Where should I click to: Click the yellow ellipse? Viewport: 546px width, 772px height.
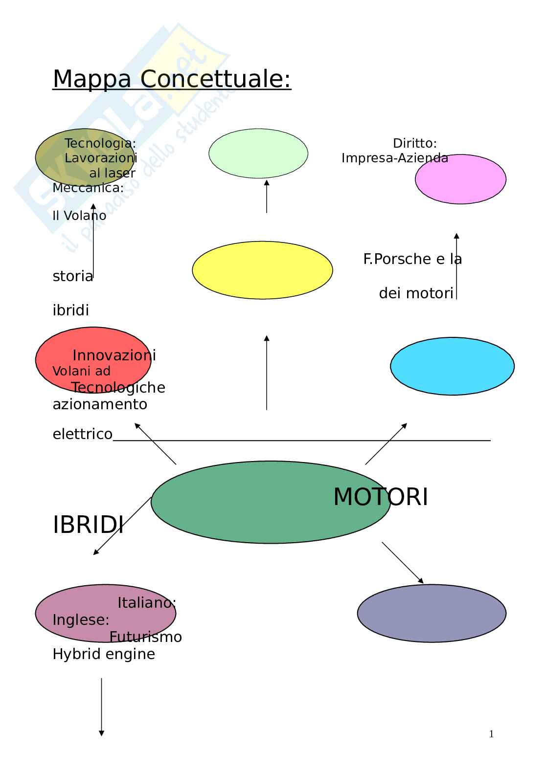coord(262,270)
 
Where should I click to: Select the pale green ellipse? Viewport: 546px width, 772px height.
coord(258,154)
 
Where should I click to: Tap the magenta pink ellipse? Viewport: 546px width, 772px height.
coord(460,179)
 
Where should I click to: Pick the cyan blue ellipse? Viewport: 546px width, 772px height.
coord(452,366)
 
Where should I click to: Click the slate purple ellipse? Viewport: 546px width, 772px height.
coord(432,613)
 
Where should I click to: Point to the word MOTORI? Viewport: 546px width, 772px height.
coord(381,497)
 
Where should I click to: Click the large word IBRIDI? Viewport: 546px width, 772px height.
coord(88,526)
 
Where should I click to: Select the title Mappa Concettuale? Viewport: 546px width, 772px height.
coord(172,79)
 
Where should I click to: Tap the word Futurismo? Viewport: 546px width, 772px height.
coord(145,637)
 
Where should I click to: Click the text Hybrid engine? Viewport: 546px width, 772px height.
coord(104,654)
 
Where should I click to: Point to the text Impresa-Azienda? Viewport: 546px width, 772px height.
coord(394,158)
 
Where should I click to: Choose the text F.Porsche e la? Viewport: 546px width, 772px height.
coord(412,259)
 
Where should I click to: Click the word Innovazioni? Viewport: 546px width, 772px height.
coord(114,355)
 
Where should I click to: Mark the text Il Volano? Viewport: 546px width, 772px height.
coord(79,216)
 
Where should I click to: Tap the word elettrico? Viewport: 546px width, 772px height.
coord(82,434)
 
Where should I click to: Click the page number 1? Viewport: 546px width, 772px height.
coord(491,734)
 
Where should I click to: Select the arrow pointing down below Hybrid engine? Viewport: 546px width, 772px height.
coord(101,706)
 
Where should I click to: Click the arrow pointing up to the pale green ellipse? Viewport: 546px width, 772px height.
coord(267,196)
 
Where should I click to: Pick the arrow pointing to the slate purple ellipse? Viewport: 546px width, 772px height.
coord(402,562)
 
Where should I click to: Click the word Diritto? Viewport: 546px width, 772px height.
coord(415,143)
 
